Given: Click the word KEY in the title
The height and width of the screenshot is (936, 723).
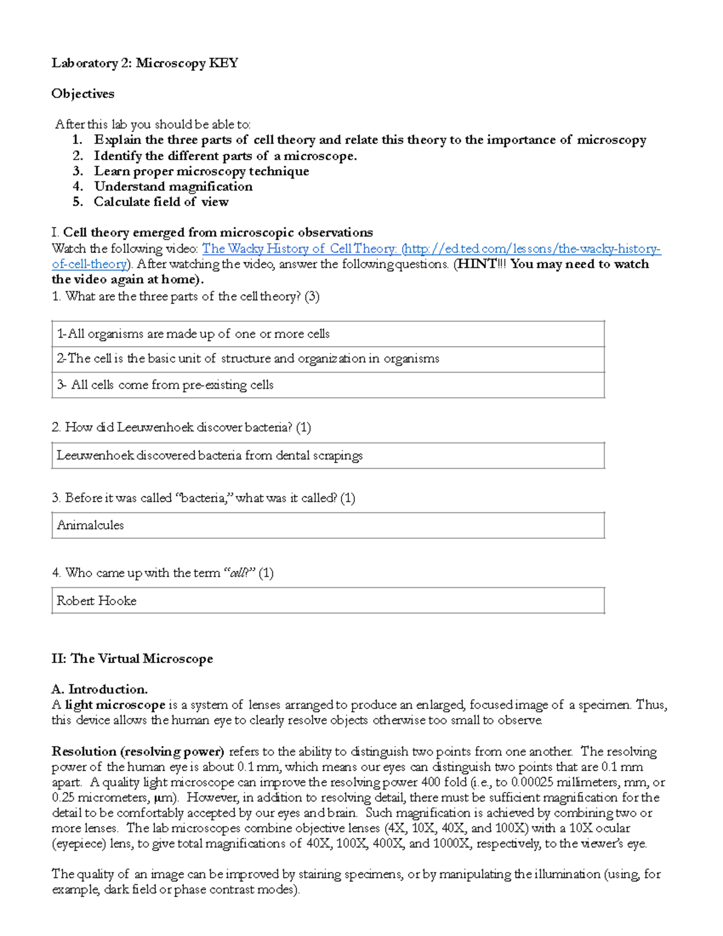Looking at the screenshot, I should [x=223, y=63].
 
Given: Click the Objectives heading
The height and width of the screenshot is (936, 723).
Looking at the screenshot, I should [x=83, y=94].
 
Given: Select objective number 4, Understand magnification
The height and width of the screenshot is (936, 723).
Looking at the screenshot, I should [x=173, y=187].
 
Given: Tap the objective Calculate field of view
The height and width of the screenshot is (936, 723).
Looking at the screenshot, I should [x=161, y=202].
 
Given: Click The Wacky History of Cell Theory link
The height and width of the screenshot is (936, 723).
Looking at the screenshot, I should [x=299, y=249].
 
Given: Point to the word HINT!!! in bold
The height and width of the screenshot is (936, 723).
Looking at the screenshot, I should [x=477, y=264].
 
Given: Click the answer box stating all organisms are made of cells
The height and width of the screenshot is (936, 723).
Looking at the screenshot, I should [x=193, y=334].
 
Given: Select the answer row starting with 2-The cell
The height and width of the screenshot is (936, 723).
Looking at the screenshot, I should [x=248, y=359].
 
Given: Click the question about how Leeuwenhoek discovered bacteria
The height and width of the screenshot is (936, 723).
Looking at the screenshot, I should [x=181, y=428].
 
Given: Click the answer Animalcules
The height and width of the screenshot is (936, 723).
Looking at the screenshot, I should [x=90, y=526].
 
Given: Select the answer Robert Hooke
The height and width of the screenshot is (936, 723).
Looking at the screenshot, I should [x=96, y=601].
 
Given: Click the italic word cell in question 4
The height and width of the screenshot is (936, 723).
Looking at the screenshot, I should [x=239, y=573].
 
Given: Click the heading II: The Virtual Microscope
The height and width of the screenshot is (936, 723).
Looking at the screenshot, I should [x=132, y=659].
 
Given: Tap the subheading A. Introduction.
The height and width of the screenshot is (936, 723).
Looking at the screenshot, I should [x=99, y=689].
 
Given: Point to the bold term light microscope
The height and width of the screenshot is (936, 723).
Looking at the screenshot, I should [x=115, y=705].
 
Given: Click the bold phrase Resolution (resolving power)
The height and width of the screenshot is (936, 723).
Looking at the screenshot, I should [x=138, y=752].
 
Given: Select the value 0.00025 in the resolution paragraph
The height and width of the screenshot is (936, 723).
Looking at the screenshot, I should [x=533, y=782].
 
